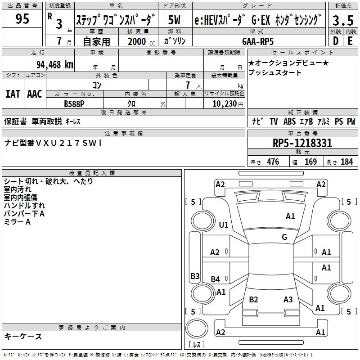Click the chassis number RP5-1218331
click(x=302, y=144)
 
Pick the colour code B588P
click(x=74, y=103)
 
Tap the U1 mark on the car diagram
click(x=223, y=225)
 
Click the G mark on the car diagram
click(x=284, y=237)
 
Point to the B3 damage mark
click(x=195, y=276)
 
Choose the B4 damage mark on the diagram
click(x=216, y=279)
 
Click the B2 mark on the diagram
click(x=253, y=300)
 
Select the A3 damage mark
click(x=288, y=300)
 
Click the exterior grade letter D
click(x=335, y=41)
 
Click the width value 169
click(x=310, y=162)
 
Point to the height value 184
click(x=347, y=162)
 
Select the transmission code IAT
click(x=13, y=94)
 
